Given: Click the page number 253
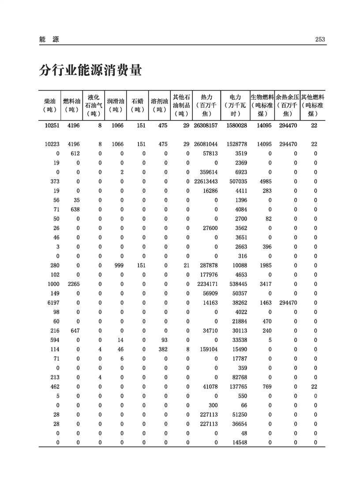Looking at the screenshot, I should point(320,40).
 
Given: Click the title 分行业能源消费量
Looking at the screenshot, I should point(90,70).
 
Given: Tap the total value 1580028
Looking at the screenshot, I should point(236,126).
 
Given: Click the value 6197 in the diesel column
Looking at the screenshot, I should point(53,303).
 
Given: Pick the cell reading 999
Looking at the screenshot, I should point(118,265).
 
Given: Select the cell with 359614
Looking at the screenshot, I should point(207,172).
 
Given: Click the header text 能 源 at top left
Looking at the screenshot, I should point(49,40).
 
